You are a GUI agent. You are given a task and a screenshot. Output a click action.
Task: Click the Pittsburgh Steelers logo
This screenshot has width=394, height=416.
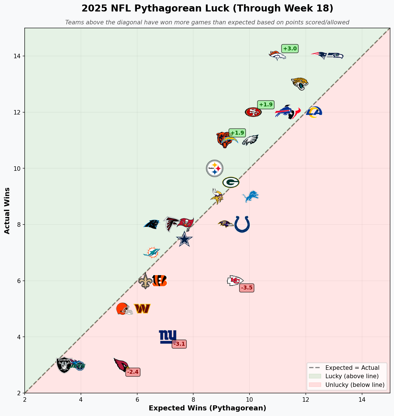(215, 168)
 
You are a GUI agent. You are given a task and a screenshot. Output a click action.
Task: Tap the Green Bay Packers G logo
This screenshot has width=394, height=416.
(231, 182)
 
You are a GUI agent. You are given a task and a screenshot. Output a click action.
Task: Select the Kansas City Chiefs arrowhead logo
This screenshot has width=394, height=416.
(235, 281)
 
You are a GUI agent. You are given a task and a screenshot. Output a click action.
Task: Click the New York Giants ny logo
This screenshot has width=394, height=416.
(168, 336)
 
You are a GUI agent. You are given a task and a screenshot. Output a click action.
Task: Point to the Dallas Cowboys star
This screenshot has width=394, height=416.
(184, 239)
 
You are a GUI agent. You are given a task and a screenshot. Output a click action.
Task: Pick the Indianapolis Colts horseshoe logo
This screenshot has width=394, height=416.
(242, 224)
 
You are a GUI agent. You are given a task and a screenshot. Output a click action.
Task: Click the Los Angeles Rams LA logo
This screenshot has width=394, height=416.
(314, 112)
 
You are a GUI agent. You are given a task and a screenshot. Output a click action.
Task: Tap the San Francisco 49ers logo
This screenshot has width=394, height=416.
(253, 112)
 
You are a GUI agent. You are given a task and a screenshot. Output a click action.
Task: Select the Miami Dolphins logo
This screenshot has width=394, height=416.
(152, 253)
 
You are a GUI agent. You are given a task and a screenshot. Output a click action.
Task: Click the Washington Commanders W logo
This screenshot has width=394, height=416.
(142, 309)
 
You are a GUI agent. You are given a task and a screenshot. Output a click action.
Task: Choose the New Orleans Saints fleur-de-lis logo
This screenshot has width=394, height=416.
(145, 281)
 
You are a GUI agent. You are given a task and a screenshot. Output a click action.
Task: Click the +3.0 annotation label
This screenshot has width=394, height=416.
(290, 49)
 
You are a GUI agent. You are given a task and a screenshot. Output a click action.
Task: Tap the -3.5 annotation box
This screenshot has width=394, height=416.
(247, 288)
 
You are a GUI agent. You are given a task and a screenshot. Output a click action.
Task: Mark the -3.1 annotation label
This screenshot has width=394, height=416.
(179, 344)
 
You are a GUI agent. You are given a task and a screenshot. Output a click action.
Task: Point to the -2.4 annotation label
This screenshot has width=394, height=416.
(133, 372)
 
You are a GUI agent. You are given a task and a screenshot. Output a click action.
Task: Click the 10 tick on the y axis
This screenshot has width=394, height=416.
(19, 169)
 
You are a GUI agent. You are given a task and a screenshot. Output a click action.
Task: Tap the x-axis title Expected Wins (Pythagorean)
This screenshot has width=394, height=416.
(207, 408)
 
